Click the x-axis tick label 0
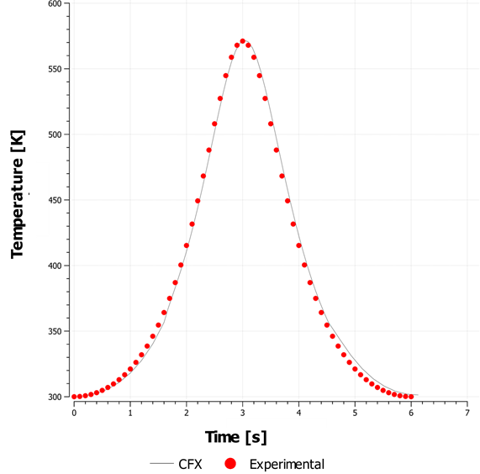[x=74, y=413]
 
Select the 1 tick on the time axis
[x=130, y=413]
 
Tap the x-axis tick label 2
[x=187, y=413]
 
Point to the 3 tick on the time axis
[x=242, y=413]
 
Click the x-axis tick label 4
[x=298, y=413]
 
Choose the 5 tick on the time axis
[x=355, y=413]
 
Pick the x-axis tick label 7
[x=467, y=413]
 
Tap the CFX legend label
[x=189, y=464]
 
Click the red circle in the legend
[x=230, y=464]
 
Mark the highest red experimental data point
[x=243, y=41]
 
